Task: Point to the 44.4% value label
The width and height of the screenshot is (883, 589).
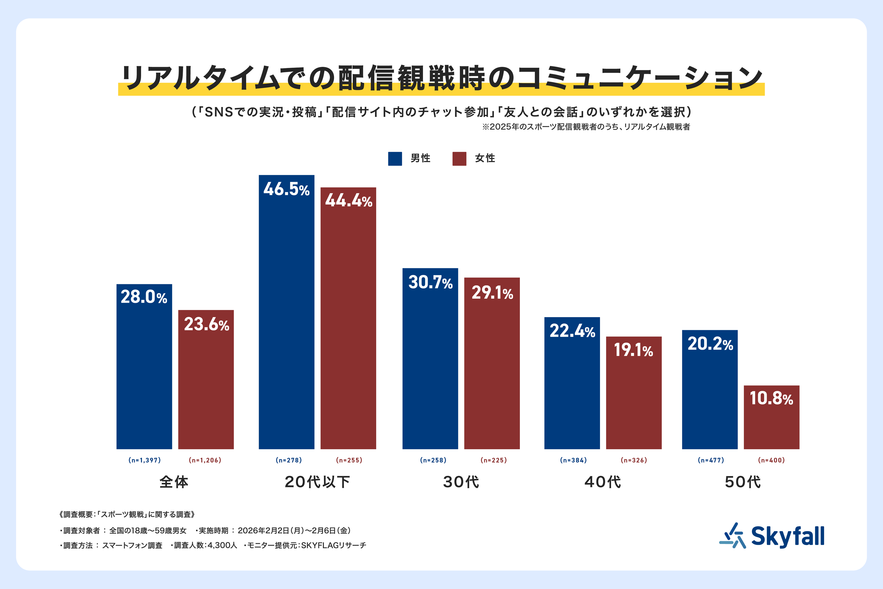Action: click(x=348, y=200)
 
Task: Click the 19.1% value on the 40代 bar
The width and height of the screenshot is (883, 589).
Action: click(x=633, y=350)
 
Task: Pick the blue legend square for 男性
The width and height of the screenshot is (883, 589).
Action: click(x=395, y=159)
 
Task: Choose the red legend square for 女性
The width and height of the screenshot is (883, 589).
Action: click(x=460, y=159)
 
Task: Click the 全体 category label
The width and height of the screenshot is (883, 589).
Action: click(x=174, y=482)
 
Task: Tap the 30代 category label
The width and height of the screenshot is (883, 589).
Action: click(x=461, y=482)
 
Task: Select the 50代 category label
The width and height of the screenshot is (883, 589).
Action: click(x=743, y=482)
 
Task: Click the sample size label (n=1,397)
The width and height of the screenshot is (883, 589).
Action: click(x=144, y=460)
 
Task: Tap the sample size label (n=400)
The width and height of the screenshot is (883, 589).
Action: click(x=772, y=460)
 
